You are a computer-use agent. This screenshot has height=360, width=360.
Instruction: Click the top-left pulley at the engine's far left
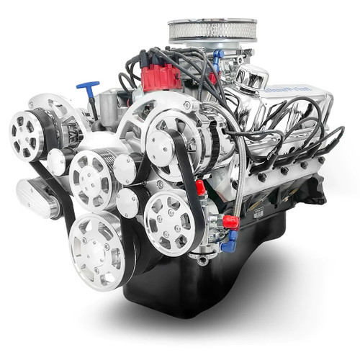tap(27, 134)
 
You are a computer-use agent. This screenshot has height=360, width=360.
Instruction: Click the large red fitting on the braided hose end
tap(230, 222)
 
